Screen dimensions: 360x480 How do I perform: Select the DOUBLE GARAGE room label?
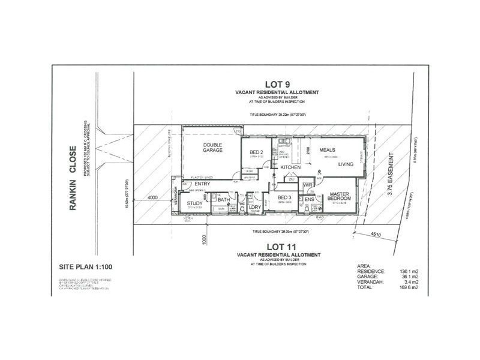pos(213,147)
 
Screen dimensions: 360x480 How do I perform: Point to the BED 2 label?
pos(256,153)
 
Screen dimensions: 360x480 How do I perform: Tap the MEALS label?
pos(327,149)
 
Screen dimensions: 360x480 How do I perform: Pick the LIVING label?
pos(346,163)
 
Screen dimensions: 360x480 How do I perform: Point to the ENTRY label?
pos(203,184)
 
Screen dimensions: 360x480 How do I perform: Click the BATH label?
pos(223,200)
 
